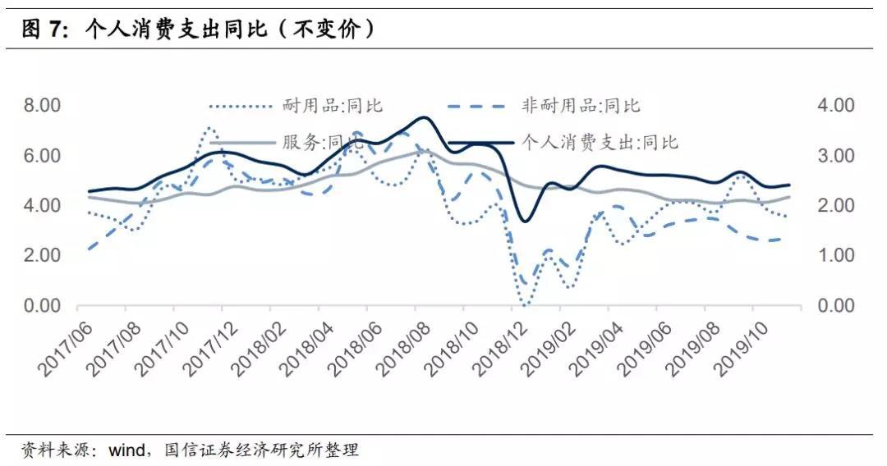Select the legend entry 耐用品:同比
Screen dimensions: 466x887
(x=332, y=105)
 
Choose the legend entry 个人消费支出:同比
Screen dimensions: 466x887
(x=600, y=142)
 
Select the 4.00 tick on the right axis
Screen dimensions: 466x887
(x=835, y=105)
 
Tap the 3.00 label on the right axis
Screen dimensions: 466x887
(x=835, y=155)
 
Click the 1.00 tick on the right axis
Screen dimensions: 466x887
(x=835, y=255)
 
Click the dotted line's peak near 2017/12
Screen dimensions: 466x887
(x=210, y=128)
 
